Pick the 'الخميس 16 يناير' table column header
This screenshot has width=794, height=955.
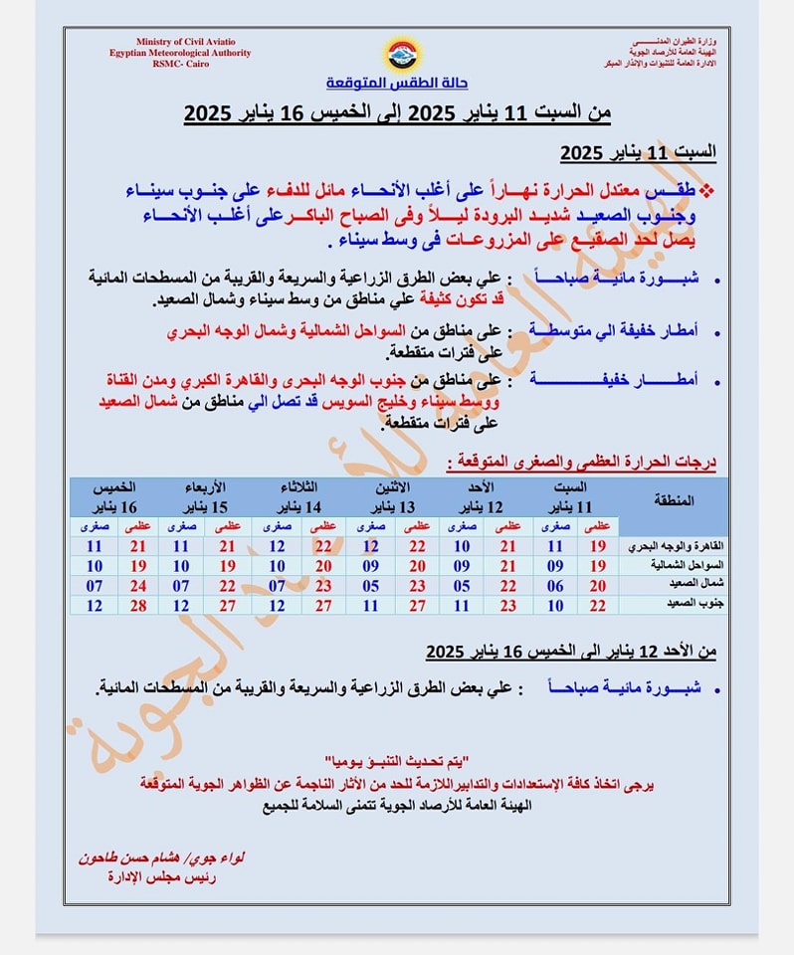coord(113,494)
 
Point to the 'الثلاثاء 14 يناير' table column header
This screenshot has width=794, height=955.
coord(298,494)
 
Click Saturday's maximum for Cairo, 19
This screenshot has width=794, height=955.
coord(598,546)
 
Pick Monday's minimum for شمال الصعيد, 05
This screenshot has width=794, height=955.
coord(370,584)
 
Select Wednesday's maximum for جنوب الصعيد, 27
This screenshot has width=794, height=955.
coord(229,604)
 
